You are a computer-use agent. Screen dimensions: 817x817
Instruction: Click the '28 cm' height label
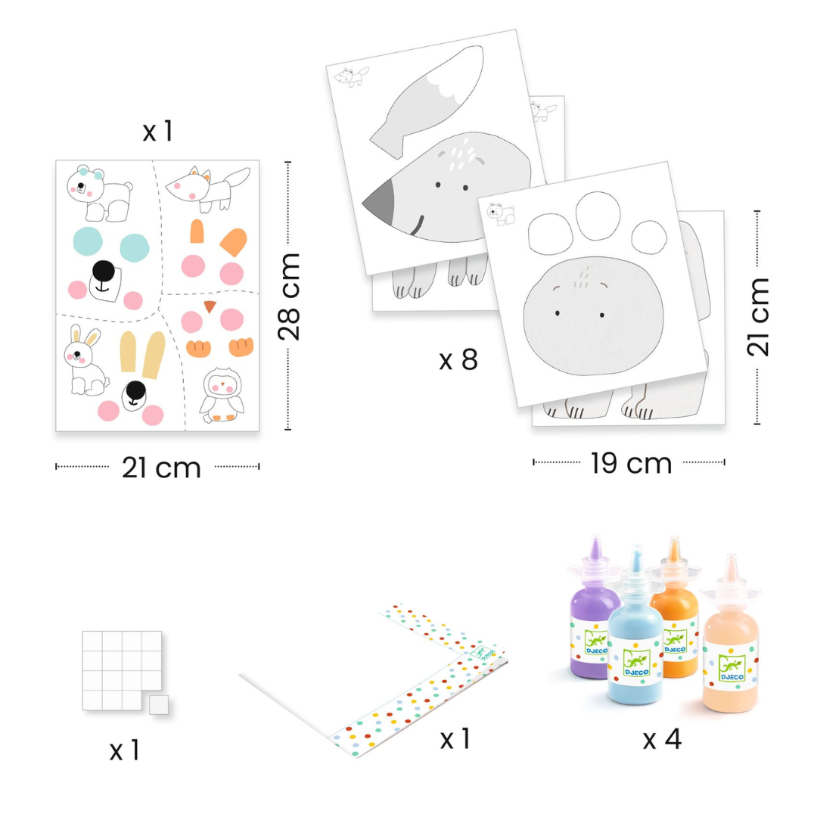click(x=289, y=297)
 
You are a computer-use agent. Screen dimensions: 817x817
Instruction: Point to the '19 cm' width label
click(x=631, y=463)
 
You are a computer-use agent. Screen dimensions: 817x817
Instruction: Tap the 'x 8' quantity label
click(x=458, y=359)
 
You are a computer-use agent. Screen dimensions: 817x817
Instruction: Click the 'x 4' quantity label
click(x=662, y=739)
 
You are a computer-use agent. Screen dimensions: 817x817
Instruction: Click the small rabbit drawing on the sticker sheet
click(x=85, y=362)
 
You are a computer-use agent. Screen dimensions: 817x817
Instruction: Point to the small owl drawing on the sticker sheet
click(x=222, y=395)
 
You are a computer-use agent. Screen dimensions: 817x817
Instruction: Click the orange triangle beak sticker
click(x=210, y=306)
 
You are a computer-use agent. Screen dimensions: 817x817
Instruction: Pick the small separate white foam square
click(x=158, y=704)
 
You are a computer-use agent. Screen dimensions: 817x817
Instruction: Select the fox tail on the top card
click(x=428, y=101)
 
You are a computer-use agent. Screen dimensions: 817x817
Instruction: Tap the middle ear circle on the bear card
click(x=598, y=216)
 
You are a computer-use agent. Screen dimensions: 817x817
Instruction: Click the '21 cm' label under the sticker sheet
click(x=161, y=468)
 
